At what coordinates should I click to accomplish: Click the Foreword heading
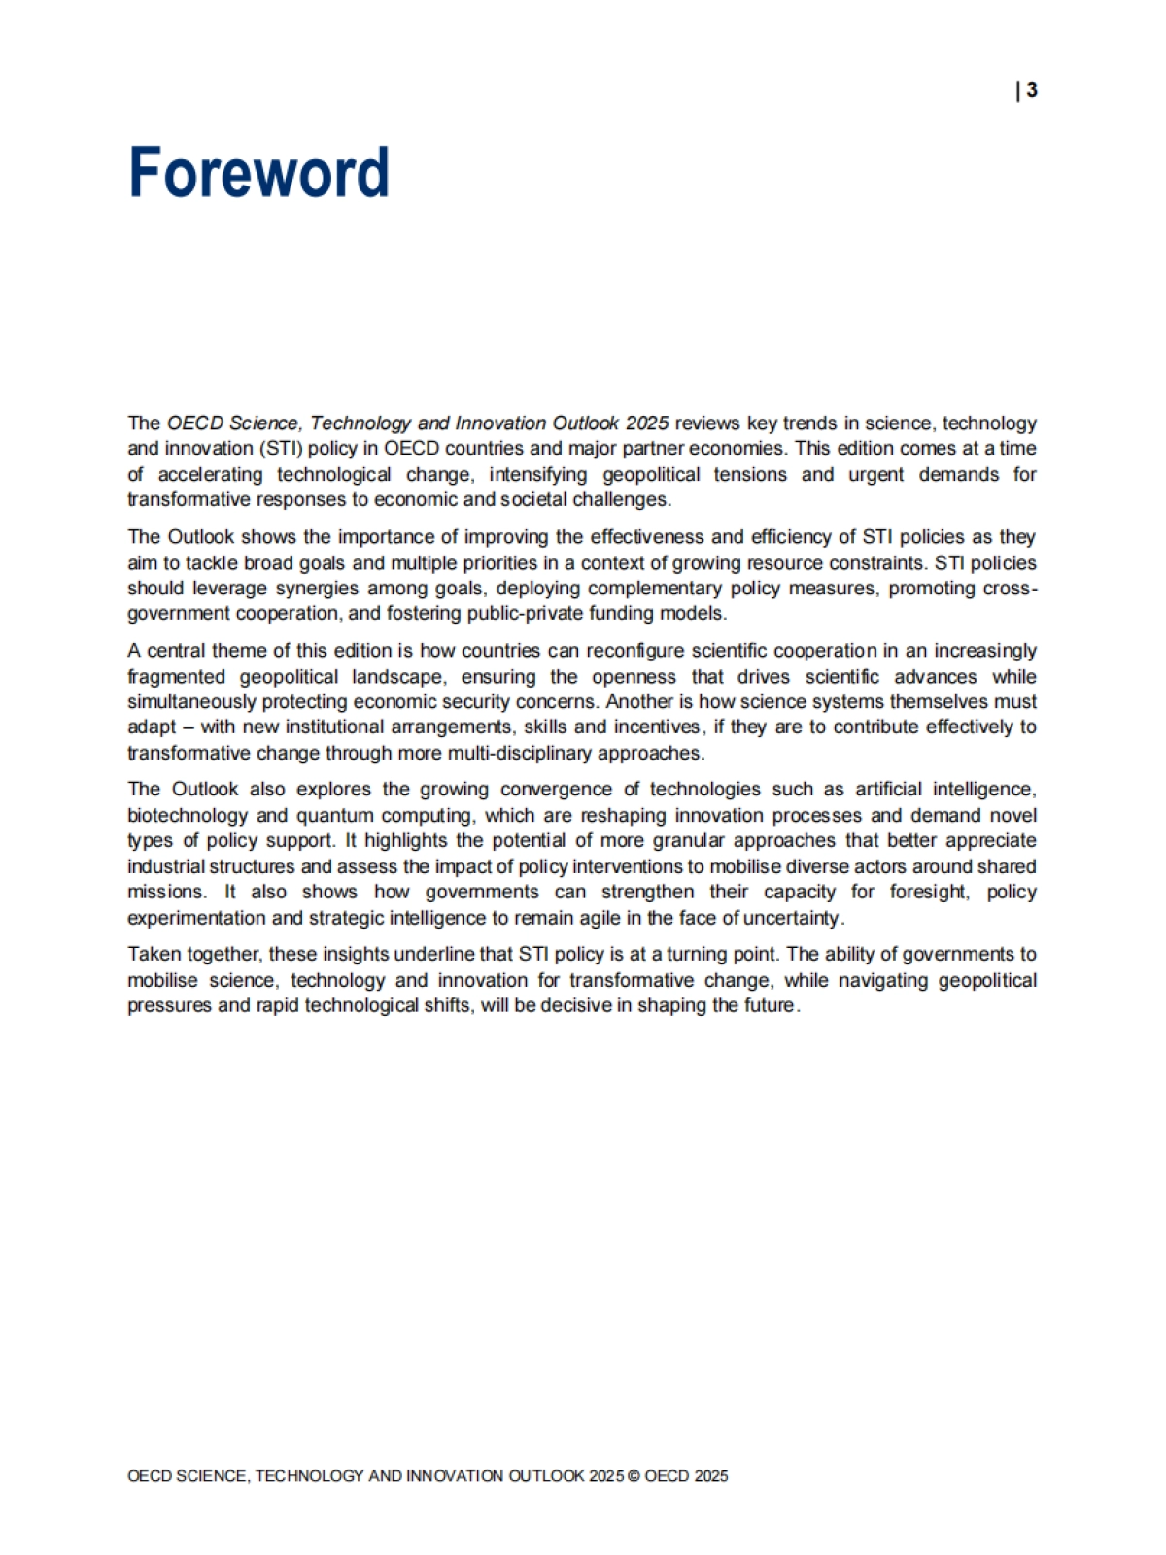tap(258, 173)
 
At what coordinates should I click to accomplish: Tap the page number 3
tap(1031, 90)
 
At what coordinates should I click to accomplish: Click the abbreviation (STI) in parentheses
tap(280, 449)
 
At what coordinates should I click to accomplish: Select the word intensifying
tap(538, 475)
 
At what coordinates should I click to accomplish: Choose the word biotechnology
tap(185, 816)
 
